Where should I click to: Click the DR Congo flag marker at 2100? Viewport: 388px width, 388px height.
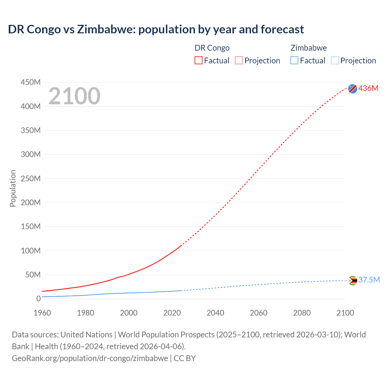(353, 89)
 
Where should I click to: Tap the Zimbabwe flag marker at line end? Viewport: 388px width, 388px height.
(353, 281)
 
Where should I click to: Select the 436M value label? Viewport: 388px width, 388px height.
(368, 88)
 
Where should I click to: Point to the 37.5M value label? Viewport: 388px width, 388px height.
(369, 280)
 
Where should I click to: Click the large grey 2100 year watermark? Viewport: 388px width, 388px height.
(74, 96)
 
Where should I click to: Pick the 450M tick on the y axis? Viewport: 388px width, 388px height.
(31, 82)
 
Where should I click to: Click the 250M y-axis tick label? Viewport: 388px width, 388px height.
(31, 179)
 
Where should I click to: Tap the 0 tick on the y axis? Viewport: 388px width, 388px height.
(38, 299)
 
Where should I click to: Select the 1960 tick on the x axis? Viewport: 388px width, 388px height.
(42, 313)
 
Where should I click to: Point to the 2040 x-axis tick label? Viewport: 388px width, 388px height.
(215, 313)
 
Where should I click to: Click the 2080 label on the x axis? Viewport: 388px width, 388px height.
(302, 313)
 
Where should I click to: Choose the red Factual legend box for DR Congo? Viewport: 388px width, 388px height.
(199, 60)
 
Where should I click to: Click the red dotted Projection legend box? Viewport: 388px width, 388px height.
(239, 60)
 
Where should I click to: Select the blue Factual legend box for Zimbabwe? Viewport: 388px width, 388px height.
(294, 60)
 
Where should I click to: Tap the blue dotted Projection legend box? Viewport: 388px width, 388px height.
(335, 60)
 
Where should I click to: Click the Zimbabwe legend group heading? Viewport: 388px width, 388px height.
(309, 48)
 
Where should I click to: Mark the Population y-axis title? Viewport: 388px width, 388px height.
(13, 188)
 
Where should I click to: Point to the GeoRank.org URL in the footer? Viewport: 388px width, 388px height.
(90, 358)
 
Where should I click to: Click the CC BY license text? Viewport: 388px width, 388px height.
(185, 358)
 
